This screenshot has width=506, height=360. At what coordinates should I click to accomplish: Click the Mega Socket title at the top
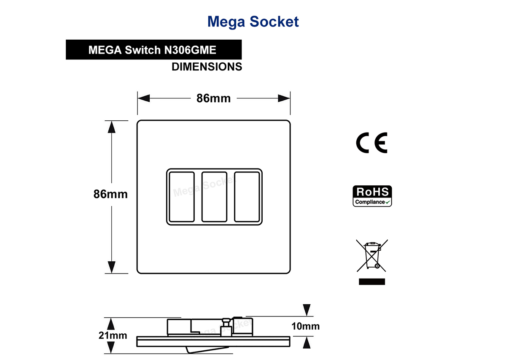pos(253,22)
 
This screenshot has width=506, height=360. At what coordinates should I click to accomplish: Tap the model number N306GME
pos(190,50)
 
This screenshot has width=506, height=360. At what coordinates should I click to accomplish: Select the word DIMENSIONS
pos(207,67)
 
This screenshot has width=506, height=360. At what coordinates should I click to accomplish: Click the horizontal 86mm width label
pos(213,98)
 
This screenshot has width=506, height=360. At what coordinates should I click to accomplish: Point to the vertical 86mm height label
pos(110,194)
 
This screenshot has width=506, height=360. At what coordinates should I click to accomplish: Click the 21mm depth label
pos(113,336)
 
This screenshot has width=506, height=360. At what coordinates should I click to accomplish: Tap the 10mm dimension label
pos(305,326)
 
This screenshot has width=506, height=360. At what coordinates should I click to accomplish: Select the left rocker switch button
pos(182,197)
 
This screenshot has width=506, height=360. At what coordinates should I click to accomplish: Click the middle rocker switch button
pos(214,197)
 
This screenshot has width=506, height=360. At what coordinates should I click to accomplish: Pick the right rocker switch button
pos(247,197)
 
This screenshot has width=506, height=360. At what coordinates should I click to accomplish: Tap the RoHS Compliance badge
pos(372,196)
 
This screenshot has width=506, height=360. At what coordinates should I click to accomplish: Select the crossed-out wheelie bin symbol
pos(372,255)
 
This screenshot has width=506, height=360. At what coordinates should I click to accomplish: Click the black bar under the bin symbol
pos(372,282)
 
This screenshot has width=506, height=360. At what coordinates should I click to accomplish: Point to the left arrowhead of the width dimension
pos(144,98)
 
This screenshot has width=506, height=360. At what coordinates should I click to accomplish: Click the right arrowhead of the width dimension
pos(284,98)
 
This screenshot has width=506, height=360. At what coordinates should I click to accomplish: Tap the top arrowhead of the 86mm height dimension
pos(112,127)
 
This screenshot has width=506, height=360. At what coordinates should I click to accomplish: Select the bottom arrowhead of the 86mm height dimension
pos(112,267)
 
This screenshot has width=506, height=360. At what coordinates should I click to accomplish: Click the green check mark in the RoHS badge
pos(388,202)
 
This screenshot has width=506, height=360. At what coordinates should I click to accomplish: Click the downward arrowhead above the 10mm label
pos(307,310)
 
